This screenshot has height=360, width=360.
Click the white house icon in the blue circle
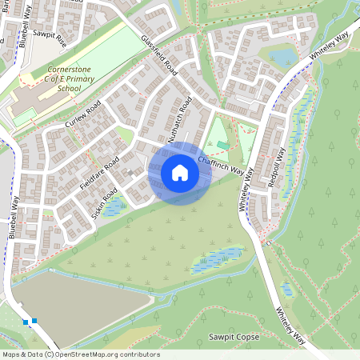tap(180, 172)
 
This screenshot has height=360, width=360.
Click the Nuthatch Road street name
tap(178, 124)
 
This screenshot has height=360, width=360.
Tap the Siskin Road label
tap(105, 204)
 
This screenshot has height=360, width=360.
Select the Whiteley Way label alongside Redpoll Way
tap(244, 191)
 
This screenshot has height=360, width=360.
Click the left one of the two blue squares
tap(26, 322)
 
